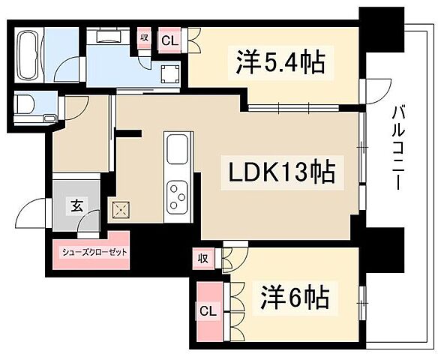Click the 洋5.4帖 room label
pyautogui.click(x=275, y=63)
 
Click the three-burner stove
pyautogui.click(x=178, y=196)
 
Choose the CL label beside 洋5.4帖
pyautogui.click(x=169, y=40)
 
